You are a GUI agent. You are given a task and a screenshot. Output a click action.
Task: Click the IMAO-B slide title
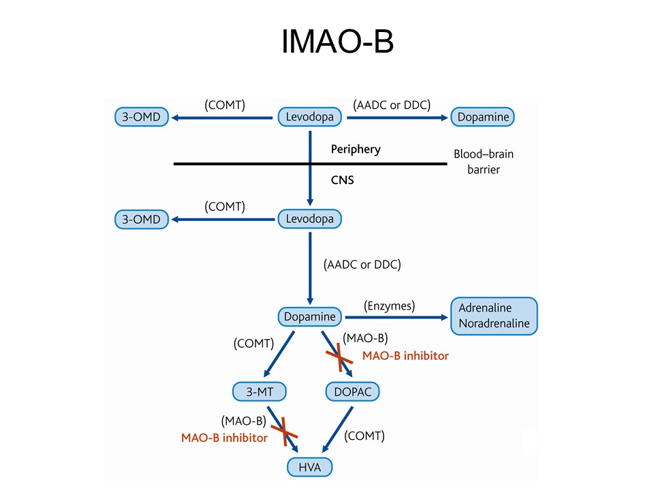pos(337,42)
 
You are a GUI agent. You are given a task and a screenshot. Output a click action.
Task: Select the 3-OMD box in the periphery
pos(142,117)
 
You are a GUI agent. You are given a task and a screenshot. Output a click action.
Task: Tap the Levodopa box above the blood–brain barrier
pos(310,117)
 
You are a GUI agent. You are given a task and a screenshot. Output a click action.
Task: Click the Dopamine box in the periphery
pos(482,117)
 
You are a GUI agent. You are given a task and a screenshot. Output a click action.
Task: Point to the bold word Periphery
pos(356,149)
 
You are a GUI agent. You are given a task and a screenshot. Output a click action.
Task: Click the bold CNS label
pos(343,180)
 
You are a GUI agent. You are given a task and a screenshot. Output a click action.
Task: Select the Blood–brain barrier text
pos(484,162)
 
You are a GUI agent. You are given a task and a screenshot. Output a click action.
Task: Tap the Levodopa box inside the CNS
pos(310,219)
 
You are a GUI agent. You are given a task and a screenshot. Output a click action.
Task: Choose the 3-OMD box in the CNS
pos(142,219)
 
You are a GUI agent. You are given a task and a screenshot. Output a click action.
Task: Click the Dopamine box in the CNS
pos(310,316)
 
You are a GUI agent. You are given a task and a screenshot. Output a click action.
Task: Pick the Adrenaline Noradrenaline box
pos(494,316)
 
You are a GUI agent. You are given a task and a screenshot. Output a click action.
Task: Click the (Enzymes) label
pos(389,306)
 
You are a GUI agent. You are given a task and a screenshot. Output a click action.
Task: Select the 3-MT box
pos(260,391)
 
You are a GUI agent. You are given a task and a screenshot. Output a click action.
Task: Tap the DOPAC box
pos(352,391)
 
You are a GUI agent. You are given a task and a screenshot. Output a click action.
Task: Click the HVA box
pos(309,466)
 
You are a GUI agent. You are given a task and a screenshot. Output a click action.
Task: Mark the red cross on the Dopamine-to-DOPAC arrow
pos(339,357)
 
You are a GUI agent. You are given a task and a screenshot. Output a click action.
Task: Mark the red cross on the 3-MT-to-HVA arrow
pos(284,432)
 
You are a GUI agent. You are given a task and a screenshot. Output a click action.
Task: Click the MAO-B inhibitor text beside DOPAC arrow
pos(405,356)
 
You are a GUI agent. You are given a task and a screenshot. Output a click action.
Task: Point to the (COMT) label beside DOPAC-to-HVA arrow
pos(364,436)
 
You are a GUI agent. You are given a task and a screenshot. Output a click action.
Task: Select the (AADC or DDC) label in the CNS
pos(362,265)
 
